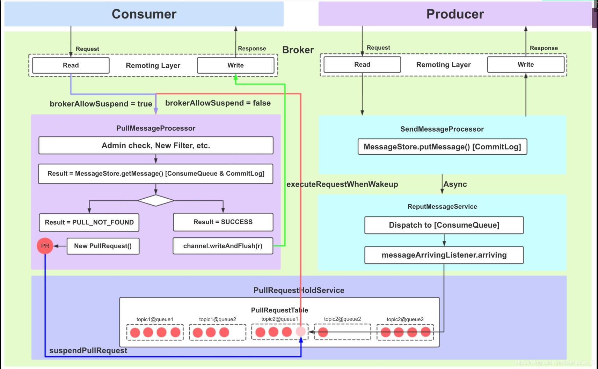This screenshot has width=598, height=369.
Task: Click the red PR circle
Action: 45,246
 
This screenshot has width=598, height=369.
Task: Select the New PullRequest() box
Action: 103,246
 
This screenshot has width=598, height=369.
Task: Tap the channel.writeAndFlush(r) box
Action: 223,246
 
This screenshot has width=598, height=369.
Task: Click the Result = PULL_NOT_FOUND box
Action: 89,222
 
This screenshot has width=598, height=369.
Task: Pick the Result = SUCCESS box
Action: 223,222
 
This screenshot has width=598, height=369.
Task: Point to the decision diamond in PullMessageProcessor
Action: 156,200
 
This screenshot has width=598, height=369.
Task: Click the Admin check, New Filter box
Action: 156,145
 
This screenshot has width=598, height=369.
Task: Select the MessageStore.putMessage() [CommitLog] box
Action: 442,147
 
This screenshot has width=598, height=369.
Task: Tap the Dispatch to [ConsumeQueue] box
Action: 444,225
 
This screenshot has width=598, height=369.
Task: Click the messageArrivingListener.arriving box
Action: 444,255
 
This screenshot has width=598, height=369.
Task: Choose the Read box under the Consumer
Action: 71,65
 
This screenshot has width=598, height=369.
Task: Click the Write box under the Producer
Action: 526,65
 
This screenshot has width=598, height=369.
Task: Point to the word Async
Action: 455,184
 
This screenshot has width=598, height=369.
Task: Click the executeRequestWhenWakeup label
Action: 342,184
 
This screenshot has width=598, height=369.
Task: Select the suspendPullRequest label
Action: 88,350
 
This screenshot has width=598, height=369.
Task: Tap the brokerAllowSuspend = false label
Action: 218,103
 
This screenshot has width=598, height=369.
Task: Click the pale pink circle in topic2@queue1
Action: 300,332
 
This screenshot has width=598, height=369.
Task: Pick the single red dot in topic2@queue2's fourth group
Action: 323,332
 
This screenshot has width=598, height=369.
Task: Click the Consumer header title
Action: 144,14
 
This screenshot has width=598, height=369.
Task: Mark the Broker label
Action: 298,50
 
